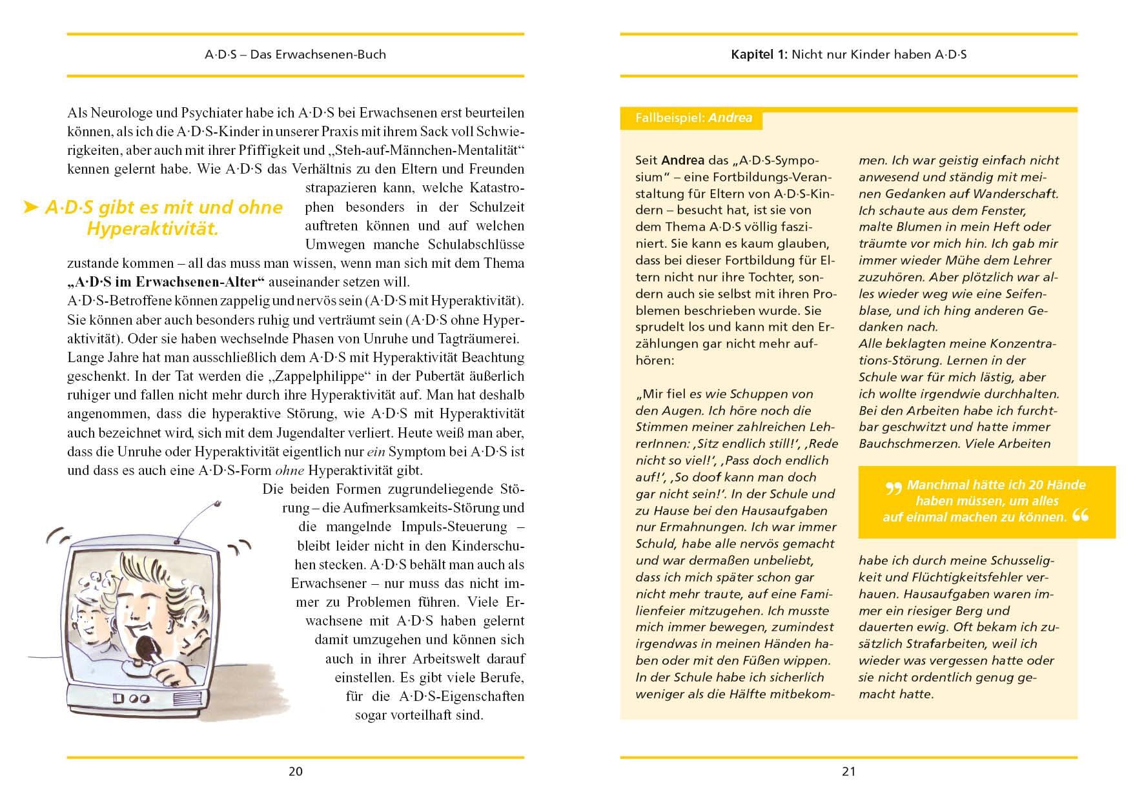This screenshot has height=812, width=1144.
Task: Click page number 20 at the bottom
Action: tap(295, 771)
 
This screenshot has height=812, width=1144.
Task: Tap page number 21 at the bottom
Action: tap(848, 771)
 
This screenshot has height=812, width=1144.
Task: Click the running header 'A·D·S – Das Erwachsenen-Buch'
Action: tap(295, 55)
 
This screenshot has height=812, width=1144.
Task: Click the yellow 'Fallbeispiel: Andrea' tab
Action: tap(693, 118)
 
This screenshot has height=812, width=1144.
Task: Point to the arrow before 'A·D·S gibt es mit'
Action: tap(30, 208)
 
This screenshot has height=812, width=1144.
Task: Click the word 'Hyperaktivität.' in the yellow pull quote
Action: tap(152, 229)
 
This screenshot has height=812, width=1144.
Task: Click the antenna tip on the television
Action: tap(218, 502)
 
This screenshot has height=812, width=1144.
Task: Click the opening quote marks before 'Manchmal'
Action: tap(894, 488)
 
